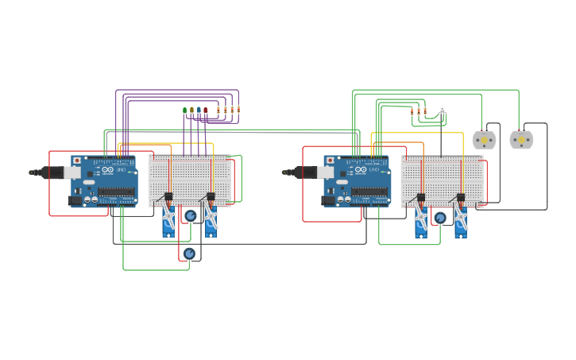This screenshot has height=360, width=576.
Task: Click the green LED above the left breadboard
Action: (x=185, y=110)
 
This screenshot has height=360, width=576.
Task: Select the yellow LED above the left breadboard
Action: (x=191, y=110)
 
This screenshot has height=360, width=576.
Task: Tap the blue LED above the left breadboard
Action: (x=199, y=110)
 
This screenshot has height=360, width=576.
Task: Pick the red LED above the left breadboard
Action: (x=205, y=110)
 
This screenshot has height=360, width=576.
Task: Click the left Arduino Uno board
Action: (x=105, y=180)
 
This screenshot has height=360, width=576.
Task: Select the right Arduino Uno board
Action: (x=358, y=180)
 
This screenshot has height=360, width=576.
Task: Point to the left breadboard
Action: (x=190, y=179)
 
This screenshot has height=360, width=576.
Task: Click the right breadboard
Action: (x=442, y=179)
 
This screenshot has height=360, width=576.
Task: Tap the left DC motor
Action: (x=484, y=140)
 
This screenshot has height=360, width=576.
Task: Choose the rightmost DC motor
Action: (x=521, y=140)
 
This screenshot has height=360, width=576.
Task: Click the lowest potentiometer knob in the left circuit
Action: (x=189, y=254)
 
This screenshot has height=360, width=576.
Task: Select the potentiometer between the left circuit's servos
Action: (x=191, y=215)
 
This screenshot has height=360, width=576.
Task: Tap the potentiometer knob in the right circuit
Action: (x=440, y=218)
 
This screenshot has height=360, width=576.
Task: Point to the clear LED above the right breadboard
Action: (x=443, y=109)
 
